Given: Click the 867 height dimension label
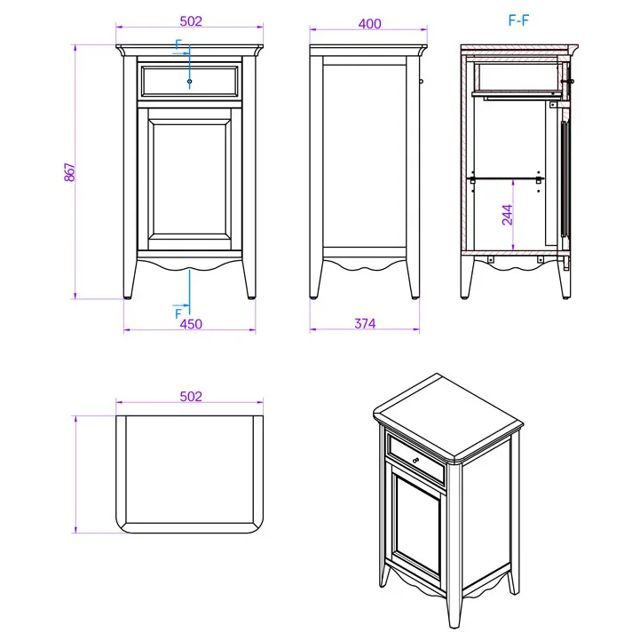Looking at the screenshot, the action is click(x=70, y=172).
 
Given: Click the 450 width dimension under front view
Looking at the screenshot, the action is click(x=191, y=324).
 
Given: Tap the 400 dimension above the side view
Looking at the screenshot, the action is click(x=370, y=24).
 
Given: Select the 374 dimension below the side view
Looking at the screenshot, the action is click(x=365, y=324).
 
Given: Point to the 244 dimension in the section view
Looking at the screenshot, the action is click(x=508, y=215).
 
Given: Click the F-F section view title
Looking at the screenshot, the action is click(x=518, y=20).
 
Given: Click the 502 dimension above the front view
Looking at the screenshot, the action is click(x=191, y=21).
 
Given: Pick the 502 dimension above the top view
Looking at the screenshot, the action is click(x=191, y=396).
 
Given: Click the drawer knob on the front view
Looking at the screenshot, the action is click(x=189, y=82).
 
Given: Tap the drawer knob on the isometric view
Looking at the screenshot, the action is click(x=416, y=461).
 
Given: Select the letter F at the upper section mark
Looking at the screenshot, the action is click(x=178, y=44).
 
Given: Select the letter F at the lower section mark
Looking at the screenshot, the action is click(x=178, y=314).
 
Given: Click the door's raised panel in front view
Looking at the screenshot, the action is click(x=189, y=179).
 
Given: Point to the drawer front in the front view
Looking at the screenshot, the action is click(x=189, y=82).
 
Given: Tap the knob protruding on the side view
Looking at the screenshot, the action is click(x=422, y=82).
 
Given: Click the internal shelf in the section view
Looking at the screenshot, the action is click(x=505, y=178).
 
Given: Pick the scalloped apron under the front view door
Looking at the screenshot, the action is click(x=189, y=264).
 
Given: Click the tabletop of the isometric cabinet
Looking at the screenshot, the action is click(x=448, y=418).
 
